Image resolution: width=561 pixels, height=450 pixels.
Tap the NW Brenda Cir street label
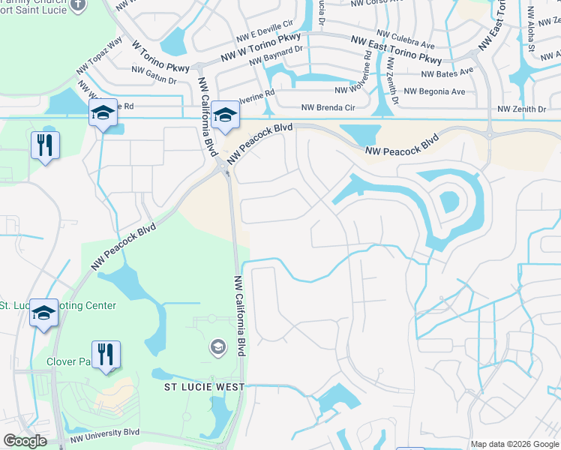click(x=328, y=108)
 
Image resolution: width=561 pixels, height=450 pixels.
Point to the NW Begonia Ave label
click(x=436, y=91)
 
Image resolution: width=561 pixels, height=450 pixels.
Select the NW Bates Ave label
click(x=448, y=73)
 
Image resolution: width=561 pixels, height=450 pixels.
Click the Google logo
click(x=24, y=441)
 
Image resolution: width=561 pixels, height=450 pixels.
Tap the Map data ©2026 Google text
click(x=514, y=444)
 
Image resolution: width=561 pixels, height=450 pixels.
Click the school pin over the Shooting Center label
click(x=43, y=314)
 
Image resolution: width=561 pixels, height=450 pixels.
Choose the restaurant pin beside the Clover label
click(x=106, y=355)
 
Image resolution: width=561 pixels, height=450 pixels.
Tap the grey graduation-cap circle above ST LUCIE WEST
click(x=217, y=346)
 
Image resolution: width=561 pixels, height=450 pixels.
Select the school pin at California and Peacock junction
click(x=224, y=116)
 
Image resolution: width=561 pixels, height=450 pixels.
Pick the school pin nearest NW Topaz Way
click(x=103, y=114)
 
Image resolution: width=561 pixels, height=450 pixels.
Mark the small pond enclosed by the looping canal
click(x=449, y=201)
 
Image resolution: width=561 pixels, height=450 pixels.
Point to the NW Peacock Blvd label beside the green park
click(x=124, y=246)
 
